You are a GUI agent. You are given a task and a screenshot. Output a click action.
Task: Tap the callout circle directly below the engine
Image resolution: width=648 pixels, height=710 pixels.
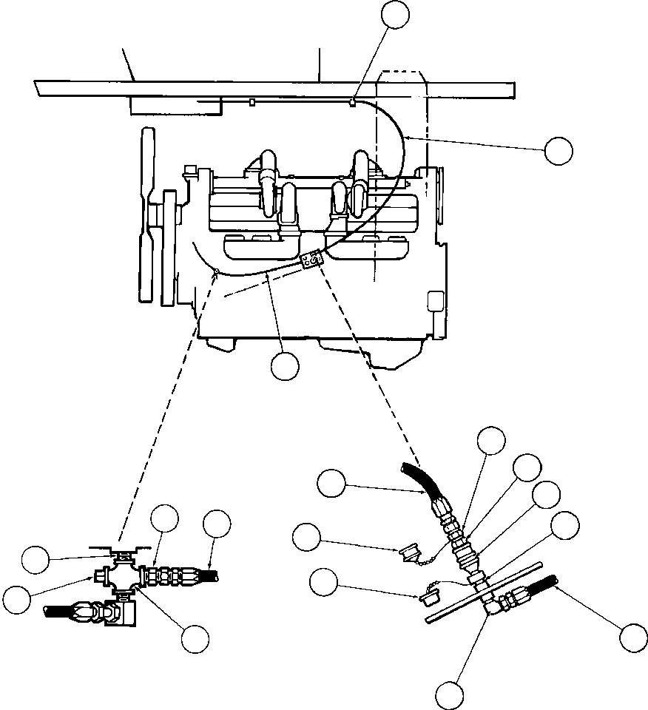285,366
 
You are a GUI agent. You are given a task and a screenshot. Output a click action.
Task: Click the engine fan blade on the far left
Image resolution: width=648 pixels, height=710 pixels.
146,214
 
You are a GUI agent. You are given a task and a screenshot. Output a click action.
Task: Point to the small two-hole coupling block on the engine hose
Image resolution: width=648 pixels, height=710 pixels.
311,259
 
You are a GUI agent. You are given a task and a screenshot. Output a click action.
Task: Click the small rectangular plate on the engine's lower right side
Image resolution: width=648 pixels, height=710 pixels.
434,301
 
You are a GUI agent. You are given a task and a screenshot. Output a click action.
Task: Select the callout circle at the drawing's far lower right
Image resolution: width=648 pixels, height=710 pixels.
632,638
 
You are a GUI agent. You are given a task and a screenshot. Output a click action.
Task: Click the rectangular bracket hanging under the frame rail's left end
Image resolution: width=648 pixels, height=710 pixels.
175,106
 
